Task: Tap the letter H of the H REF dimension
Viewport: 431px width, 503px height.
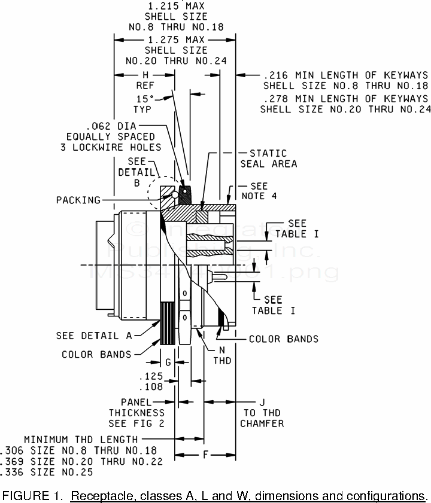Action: coord(145,75)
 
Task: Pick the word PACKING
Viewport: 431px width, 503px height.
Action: coord(78,200)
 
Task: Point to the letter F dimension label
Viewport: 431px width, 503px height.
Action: coord(205,455)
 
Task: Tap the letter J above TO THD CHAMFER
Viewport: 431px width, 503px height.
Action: coord(262,402)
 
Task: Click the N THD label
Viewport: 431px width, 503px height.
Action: coord(223,355)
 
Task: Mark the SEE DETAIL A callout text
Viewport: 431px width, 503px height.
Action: coord(95,336)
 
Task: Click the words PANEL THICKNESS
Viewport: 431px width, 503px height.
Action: coord(136,407)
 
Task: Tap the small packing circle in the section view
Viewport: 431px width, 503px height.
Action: coord(174,194)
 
